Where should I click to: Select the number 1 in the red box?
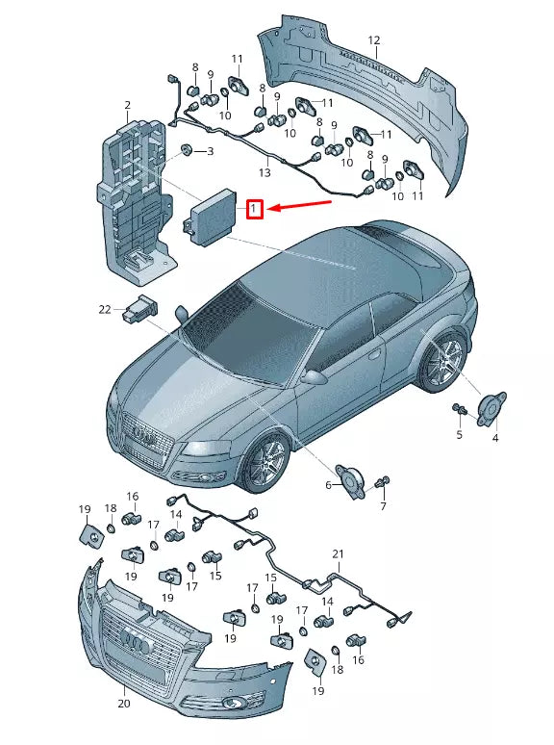tap(255, 209)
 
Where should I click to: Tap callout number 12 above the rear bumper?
tap(373, 40)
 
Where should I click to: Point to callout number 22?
tap(105, 309)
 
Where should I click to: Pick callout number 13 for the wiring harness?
tap(264, 172)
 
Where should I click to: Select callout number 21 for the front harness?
tap(338, 553)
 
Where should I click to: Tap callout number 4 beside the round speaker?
tap(495, 438)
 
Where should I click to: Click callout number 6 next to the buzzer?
tap(328, 485)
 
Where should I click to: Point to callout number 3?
tap(210, 151)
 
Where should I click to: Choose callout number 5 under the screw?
tap(459, 435)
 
